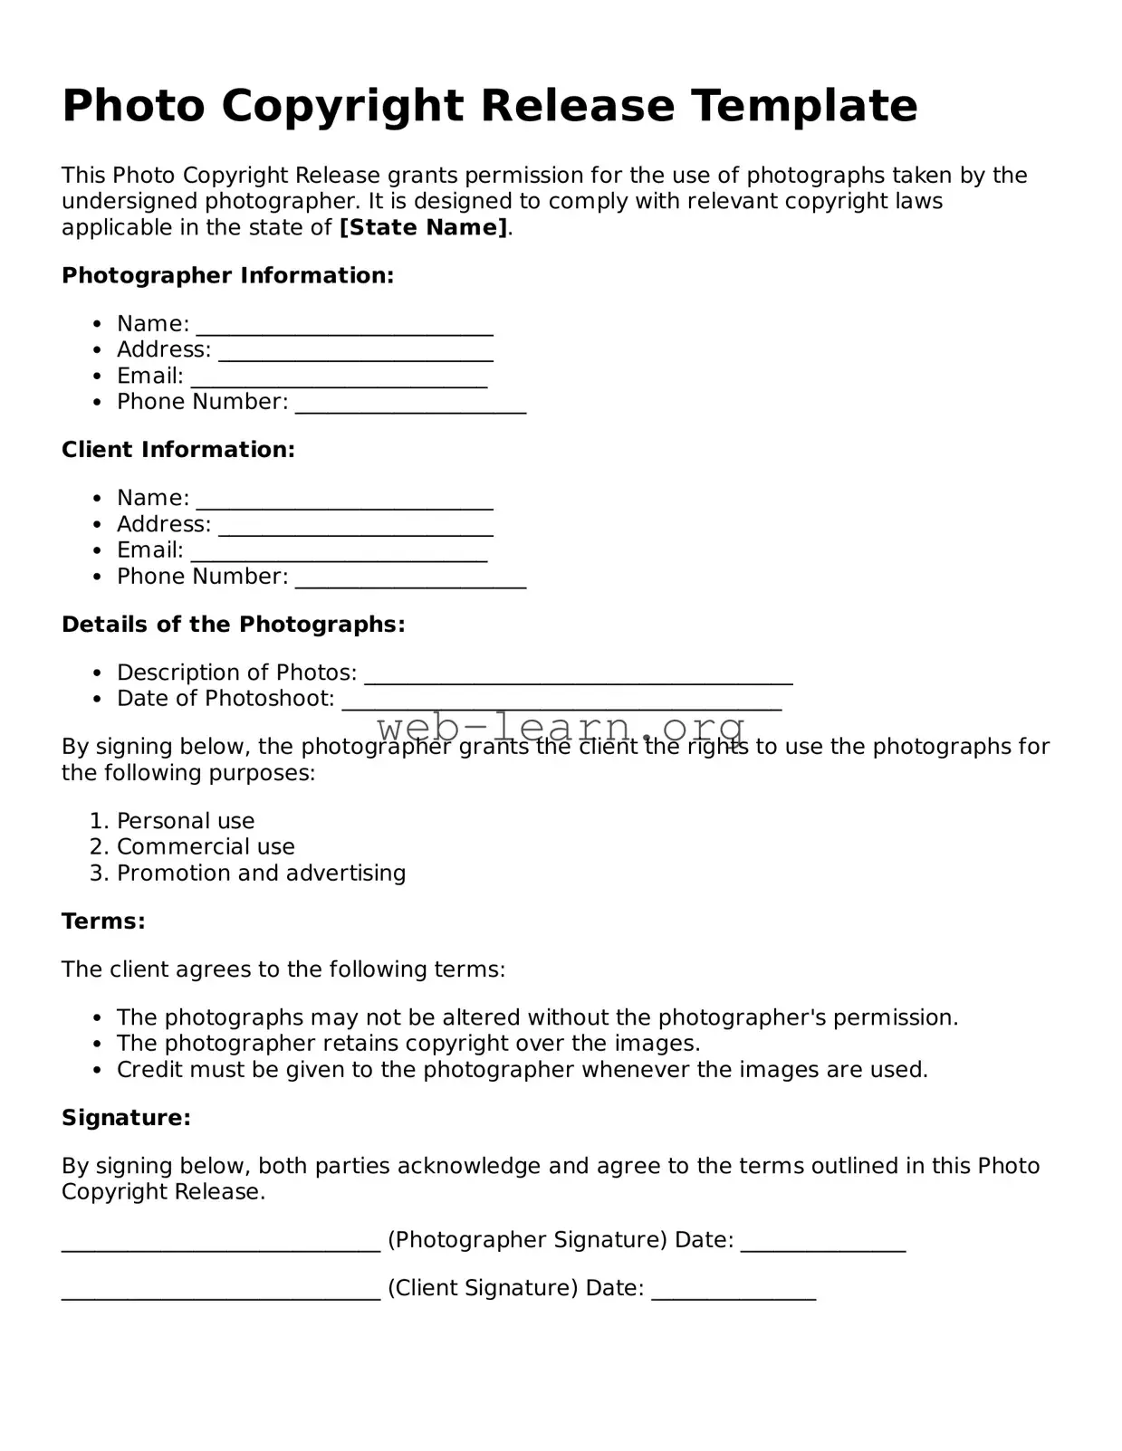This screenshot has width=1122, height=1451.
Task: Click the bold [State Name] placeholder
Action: [x=423, y=227]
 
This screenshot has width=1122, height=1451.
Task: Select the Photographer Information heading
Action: [x=227, y=275]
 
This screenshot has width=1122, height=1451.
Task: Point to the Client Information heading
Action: [x=178, y=450]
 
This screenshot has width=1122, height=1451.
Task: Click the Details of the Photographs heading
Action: [x=233, y=625]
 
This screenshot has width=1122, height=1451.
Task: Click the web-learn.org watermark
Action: [x=561, y=727]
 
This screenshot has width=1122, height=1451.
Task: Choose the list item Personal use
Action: [x=186, y=821]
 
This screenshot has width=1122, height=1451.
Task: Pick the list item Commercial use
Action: [x=206, y=847]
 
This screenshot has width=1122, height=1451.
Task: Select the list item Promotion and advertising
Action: [x=261, y=873]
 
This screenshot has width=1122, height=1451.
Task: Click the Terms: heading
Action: [x=103, y=921]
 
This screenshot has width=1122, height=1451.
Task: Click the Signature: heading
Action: [x=126, y=1118]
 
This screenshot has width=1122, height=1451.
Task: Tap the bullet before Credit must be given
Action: [x=98, y=1070]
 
